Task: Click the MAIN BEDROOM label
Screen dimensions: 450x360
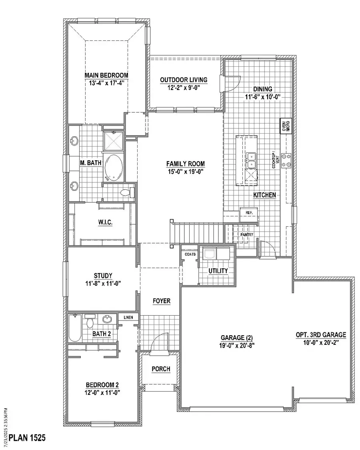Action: click(x=106, y=75)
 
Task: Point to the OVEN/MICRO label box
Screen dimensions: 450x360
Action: click(x=285, y=126)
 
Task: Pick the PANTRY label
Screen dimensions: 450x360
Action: click(x=246, y=235)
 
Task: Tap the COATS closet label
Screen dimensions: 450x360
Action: click(x=189, y=254)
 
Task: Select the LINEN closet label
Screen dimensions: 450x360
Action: click(x=128, y=318)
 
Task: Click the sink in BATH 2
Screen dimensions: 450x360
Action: click(x=107, y=319)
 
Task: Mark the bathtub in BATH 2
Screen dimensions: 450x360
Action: click(x=75, y=328)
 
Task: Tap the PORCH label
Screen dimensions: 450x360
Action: click(x=161, y=369)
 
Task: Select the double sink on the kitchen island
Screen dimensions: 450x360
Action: click(x=251, y=160)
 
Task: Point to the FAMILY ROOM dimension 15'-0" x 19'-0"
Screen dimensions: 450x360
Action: click(x=186, y=171)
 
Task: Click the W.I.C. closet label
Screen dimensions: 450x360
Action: click(x=106, y=223)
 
